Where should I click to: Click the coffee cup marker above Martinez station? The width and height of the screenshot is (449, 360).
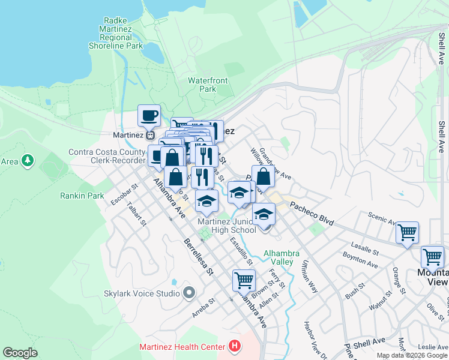[149, 115]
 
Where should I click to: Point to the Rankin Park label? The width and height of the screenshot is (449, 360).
[82, 196]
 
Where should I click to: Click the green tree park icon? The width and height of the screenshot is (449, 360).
[27, 161]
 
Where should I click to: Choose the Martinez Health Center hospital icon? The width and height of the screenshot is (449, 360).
[235, 347]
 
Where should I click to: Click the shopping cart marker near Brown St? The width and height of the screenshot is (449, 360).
[244, 279]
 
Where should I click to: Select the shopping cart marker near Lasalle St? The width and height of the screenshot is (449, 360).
[407, 232]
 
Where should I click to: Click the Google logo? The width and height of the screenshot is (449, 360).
[20, 353]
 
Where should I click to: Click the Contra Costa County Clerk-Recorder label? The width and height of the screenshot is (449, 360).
[107, 156]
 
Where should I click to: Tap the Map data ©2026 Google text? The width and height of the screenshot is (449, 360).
[412, 355]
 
